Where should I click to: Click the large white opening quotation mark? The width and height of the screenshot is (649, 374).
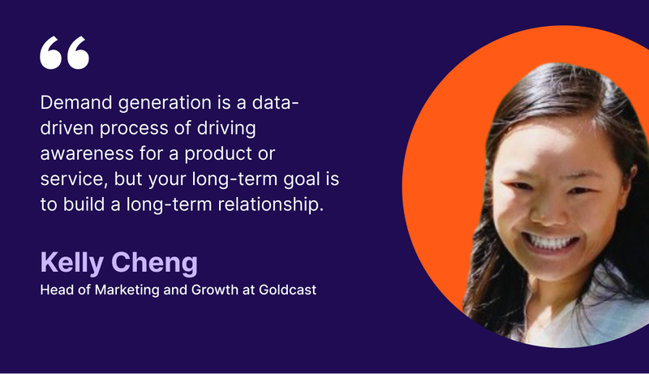65,53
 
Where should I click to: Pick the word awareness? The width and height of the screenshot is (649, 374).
87,154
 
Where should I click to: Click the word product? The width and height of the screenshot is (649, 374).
218,154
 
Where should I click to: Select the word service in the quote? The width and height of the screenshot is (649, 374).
74,179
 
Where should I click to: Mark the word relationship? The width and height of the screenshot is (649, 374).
271,204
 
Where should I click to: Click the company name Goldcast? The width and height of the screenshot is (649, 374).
287,290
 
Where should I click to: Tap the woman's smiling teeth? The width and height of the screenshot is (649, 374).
549,243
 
